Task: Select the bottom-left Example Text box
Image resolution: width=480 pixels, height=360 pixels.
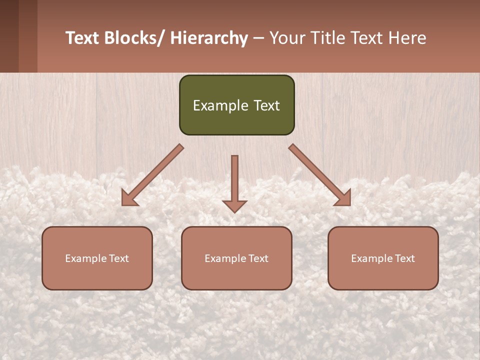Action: (x=97, y=258)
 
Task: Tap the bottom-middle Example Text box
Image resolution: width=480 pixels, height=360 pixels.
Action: (x=236, y=258)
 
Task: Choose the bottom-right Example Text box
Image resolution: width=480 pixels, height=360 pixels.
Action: (x=383, y=258)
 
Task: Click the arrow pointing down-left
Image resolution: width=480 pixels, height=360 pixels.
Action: (x=153, y=174)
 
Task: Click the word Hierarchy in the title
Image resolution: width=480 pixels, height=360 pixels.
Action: (x=209, y=38)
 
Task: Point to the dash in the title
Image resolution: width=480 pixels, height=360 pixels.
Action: (x=258, y=39)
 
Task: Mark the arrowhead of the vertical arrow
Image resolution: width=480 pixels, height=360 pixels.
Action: (x=234, y=205)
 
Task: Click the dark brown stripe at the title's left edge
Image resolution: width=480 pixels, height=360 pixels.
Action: (x=9, y=36)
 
